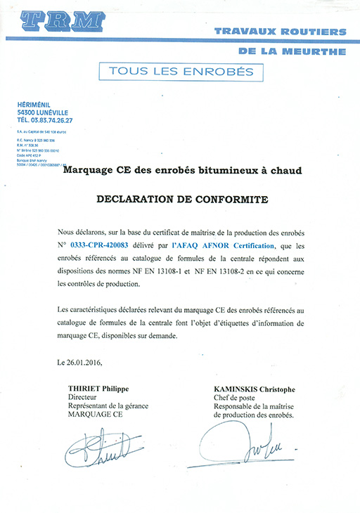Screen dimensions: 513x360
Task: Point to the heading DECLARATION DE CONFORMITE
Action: (x=181, y=200)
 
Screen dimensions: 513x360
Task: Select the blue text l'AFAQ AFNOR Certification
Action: (x=221, y=245)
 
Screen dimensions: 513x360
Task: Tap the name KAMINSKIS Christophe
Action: (x=254, y=389)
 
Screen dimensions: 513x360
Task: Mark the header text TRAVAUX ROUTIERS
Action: (x=279, y=32)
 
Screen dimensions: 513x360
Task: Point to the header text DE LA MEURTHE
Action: (x=292, y=51)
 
